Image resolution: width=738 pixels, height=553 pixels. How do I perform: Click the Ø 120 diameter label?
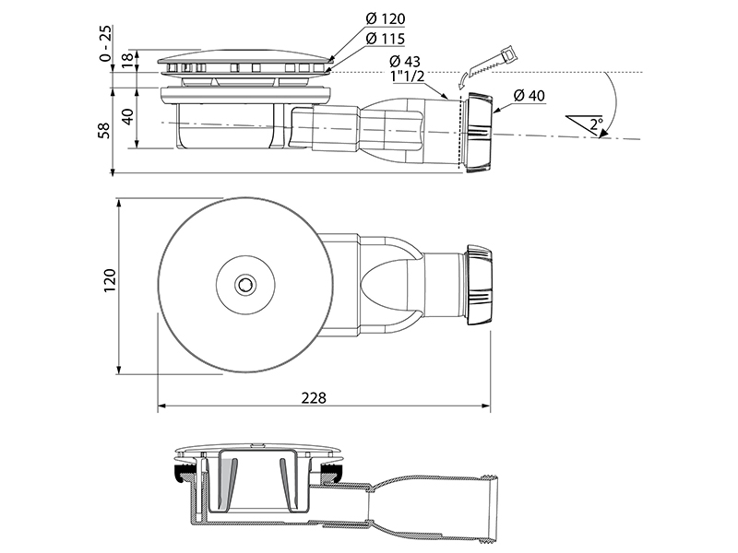tap(385, 18)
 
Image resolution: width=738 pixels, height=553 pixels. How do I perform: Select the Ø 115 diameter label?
tap(385, 39)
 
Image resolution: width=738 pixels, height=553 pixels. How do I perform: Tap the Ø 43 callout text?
tap(405, 61)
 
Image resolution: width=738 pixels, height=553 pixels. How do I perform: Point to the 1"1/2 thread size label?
tap(408, 76)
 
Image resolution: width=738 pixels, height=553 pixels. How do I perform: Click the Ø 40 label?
tap(529, 96)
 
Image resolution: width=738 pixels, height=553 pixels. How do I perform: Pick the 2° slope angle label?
tap(596, 124)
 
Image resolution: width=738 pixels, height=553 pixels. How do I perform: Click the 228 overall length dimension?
tap(314, 398)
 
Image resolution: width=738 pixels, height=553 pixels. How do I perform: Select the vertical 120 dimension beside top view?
tap(110, 280)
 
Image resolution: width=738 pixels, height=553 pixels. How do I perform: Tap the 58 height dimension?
tap(104, 130)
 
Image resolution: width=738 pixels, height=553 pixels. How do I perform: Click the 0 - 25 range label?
tap(106, 43)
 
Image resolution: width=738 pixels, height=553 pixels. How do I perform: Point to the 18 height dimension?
tap(127, 61)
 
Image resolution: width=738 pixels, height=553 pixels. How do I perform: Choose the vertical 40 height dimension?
tap(127, 116)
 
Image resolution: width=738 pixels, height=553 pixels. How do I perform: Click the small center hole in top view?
tap(244, 285)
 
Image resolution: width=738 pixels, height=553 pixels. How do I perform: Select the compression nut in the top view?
tap(479, 285)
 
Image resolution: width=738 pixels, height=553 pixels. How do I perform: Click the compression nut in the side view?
tap(480, 133)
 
